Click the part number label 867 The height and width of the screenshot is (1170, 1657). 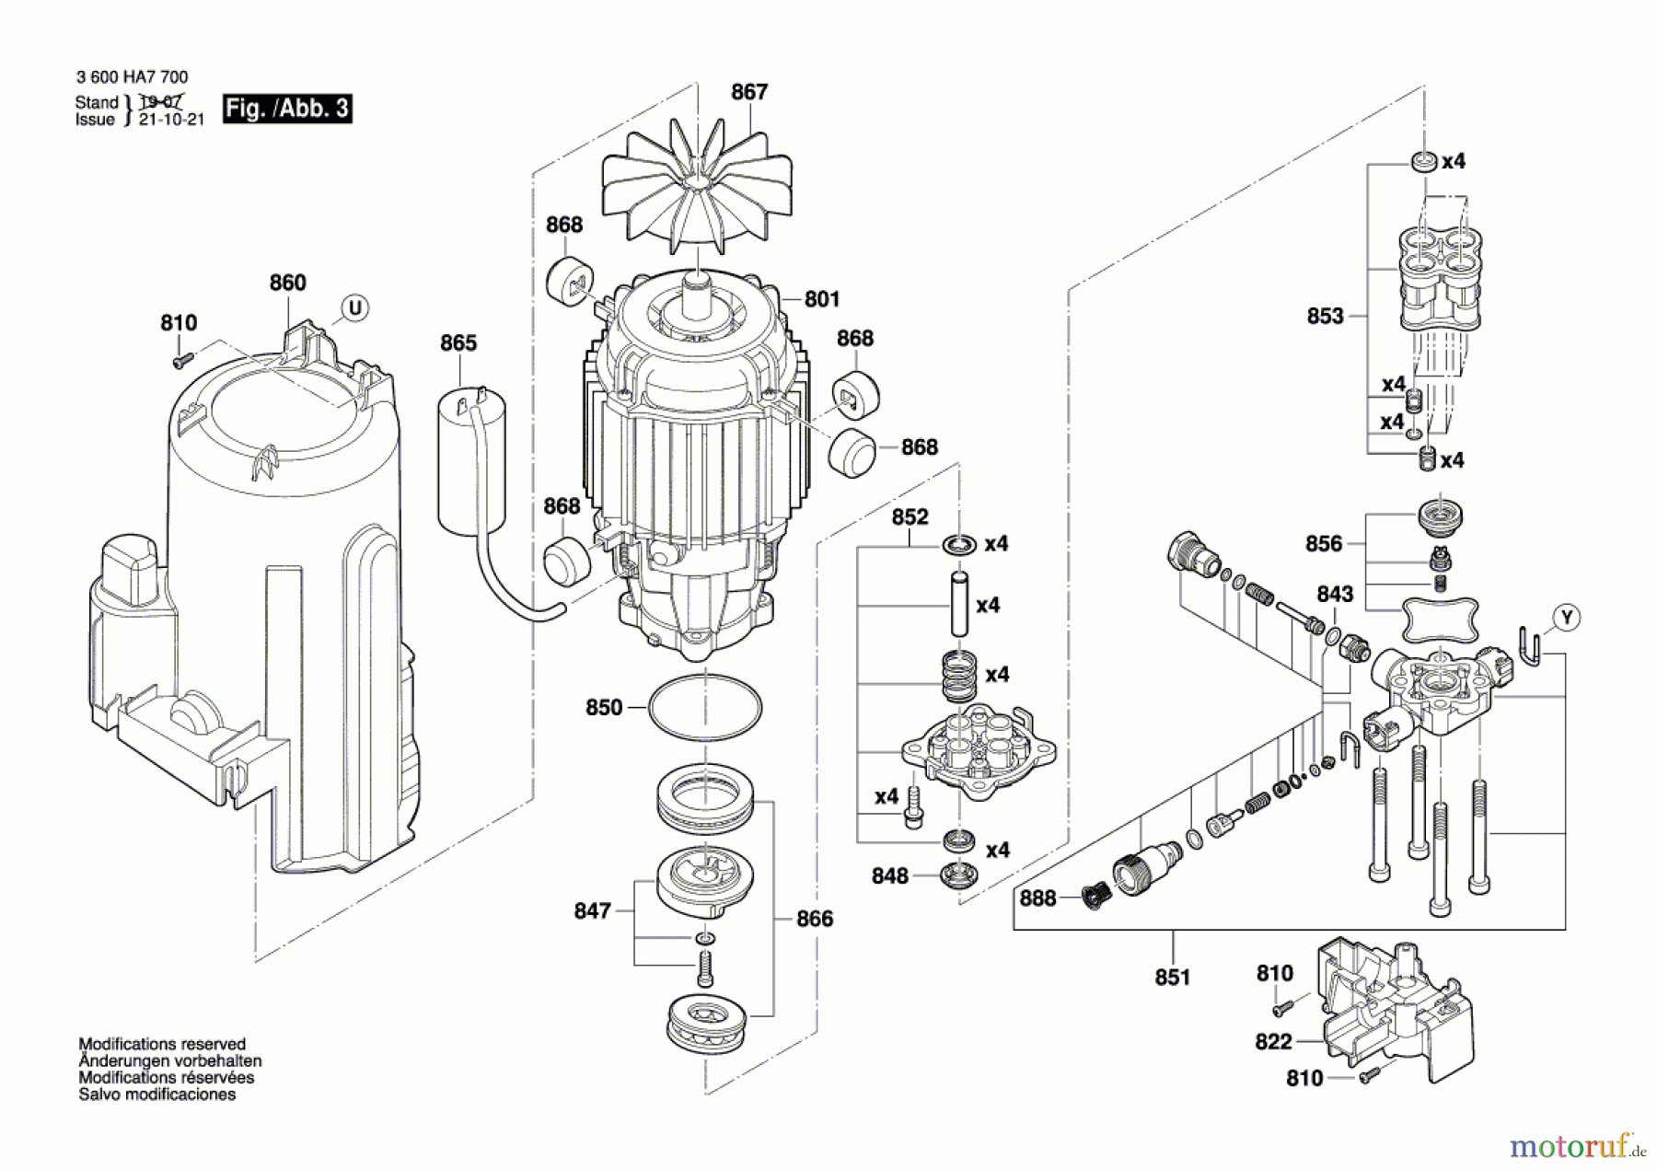click(749, 92)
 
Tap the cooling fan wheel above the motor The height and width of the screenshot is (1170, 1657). click(697, 191)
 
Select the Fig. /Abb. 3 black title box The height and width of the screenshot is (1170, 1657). click(287, 109)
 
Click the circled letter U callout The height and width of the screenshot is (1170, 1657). click(354, 307)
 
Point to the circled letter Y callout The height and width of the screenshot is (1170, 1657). click(1567, 618)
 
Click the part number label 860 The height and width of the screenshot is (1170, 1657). click(287, 283)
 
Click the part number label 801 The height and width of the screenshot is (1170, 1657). click(822, 299)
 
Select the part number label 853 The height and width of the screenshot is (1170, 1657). click(1326, 316)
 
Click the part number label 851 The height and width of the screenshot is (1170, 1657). click(1173, 977)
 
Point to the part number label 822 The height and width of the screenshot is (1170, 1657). click(1274, 1041)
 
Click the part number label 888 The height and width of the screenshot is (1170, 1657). click(1037, 898)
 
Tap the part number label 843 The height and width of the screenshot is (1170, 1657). click(1335, 594)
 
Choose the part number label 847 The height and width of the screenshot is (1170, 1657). click(592, 910)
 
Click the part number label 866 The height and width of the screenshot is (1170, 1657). click(815, 918)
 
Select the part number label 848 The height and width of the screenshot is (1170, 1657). click(890, 875)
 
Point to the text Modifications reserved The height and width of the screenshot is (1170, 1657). click(162, 1044)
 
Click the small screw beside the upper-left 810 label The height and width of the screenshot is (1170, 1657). click(180, 361)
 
